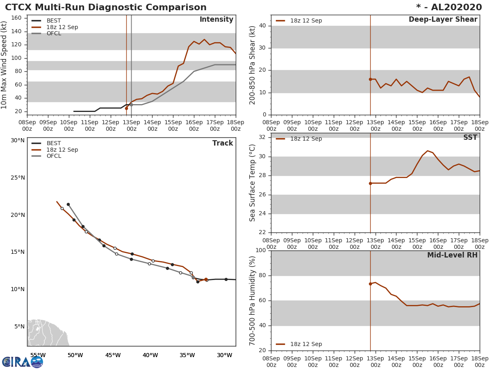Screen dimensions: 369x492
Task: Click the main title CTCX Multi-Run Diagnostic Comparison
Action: pyautogui.click(x=106, y=7)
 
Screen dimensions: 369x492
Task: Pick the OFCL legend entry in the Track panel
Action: pyautogui.click(x=53, y=156)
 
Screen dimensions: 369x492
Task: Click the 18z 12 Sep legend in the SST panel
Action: pyautogui.click(x=306, y=139)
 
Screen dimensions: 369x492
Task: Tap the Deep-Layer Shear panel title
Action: pyautogui.click(x=443, y=20)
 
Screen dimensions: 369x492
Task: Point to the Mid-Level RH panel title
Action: pyautogui.click(x=452, y=255)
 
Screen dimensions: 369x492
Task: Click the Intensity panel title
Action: pyautogui.click(x=216, y=20)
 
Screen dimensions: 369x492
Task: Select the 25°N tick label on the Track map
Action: pyautogui.click(x=18, y=178)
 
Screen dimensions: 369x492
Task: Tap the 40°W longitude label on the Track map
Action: pyautogui.click(x=150, y=355)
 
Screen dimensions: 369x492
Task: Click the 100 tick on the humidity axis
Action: pyautogui.click(x=261, y=251)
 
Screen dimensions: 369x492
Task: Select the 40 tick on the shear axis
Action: pyautogui.click(x=263, y=26)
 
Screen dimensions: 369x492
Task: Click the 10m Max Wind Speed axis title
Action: pyautogui.click(x=5, y=65)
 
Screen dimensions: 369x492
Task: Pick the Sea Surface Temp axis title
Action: pyautogui.click(x=253, y=183)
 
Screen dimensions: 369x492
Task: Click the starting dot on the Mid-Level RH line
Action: pyautogui.click(x=370, y=284)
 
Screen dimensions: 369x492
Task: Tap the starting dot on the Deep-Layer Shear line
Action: pyautogui.click(x=370, y=79)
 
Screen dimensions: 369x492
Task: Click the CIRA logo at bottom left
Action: pyautogui.click(x=23, y=362)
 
